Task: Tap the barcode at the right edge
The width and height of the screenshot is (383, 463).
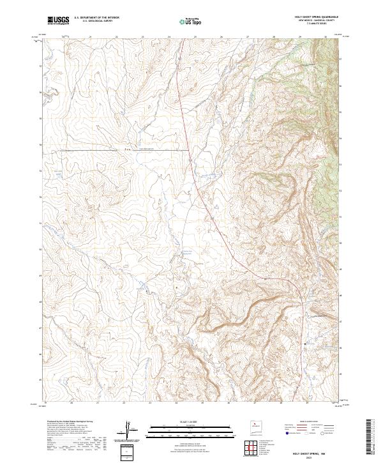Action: (371, 439)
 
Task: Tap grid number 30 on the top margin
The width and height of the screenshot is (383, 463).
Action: (326, 37)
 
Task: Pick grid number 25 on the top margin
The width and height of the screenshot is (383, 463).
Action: (195, 37)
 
